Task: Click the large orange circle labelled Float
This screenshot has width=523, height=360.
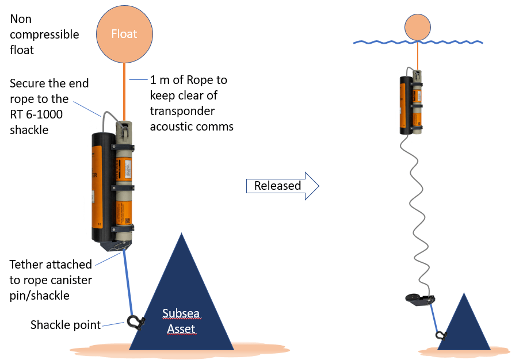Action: click(x=124, y=34)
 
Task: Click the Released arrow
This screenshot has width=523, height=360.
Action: click(x=281, y=186)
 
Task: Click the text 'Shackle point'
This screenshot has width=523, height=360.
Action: click(x=65, y=325)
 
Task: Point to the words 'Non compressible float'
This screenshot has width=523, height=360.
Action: click(x=44, y=35)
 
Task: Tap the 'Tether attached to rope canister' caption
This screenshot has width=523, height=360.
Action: click(x=51, y=278)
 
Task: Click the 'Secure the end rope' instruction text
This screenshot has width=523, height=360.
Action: click(x=49, y=106)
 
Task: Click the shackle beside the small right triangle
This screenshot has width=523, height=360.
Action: click(x=440, y=335)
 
